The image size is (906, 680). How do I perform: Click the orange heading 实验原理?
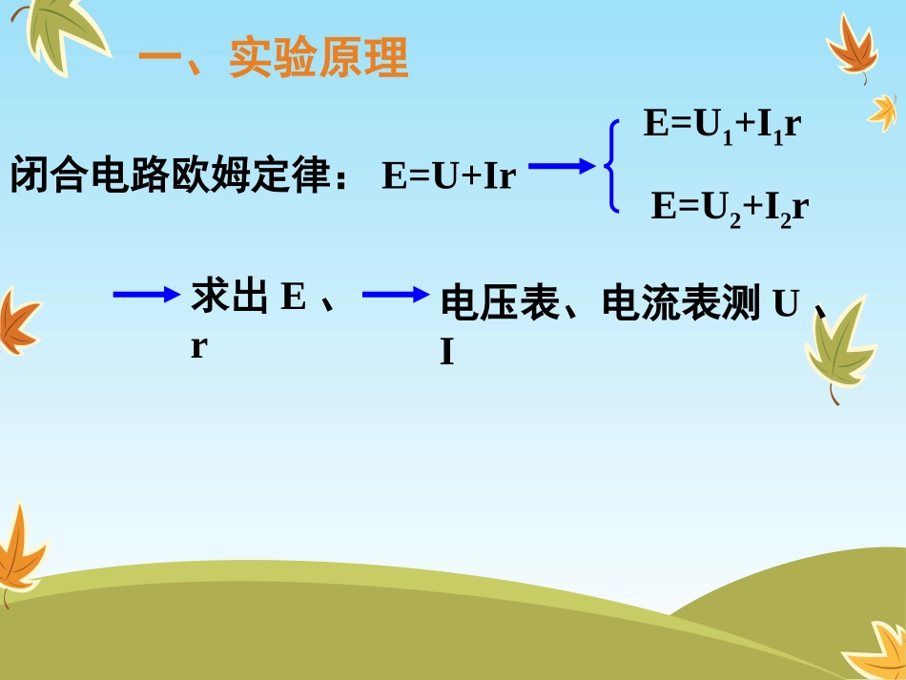(319, 58)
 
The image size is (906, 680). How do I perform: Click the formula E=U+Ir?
(448, 177)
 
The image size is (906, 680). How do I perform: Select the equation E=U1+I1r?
(720, 127)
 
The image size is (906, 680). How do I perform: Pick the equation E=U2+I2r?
(730, 207)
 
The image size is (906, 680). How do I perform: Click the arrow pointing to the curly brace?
(562, 167)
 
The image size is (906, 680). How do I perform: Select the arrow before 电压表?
(396, 295)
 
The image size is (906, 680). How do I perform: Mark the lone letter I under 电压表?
(446, 354)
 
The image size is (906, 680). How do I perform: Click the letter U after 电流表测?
(785, 304)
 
